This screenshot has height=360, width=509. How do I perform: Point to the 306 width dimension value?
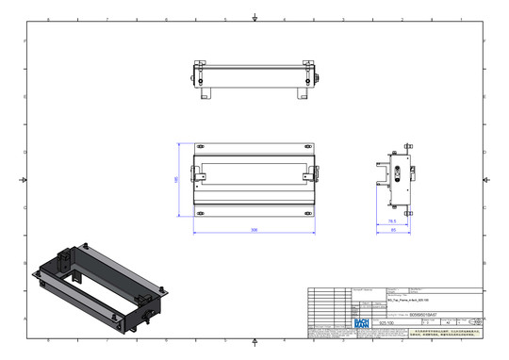click(254, 229)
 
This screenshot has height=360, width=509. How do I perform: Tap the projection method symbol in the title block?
click(473, 321)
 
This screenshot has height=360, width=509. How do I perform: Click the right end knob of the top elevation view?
click(314, 78)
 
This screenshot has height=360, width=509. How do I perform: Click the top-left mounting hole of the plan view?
click(198, 147)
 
